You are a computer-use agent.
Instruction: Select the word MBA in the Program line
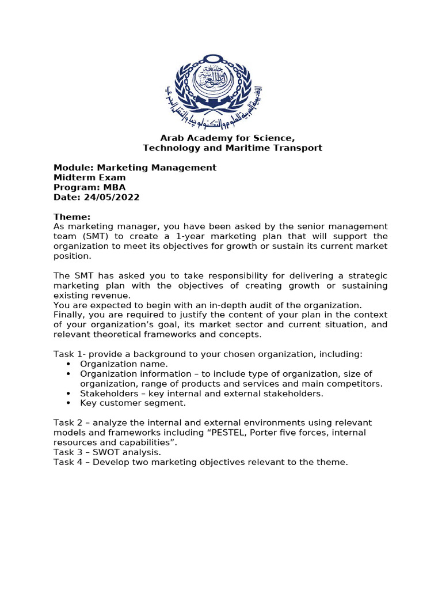click(x=115, y=187)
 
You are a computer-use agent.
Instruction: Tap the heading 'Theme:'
click(x=72, y=217)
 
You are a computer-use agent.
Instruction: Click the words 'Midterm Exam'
click(x=89, y=177)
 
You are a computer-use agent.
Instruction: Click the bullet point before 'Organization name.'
click(x=69, y=364)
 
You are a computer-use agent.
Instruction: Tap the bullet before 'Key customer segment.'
click(x=69, y=403)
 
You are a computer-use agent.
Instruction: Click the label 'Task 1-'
click(x=69, y=354)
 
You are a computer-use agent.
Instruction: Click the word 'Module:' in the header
click(x=72, y=168)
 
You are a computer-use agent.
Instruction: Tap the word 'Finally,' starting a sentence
click(x=70, y=315)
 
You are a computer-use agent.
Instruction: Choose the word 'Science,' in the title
click(x=276, y=138)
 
